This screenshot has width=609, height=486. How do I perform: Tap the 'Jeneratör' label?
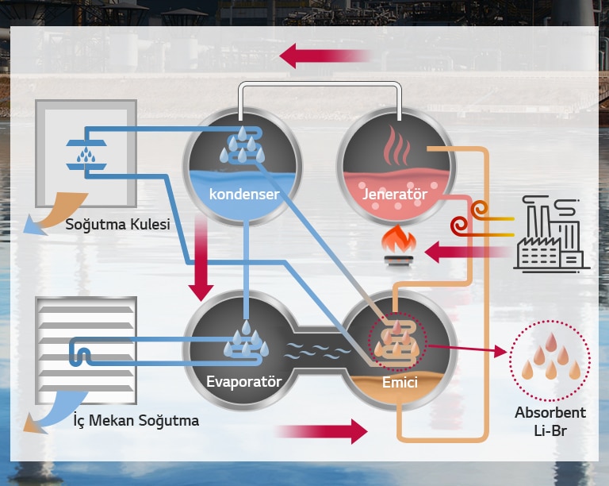point(394,193)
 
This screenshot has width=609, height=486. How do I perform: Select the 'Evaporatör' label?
point(243,381)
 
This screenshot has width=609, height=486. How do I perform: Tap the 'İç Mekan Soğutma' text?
point(132,419)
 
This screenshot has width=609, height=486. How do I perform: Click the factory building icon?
point(550,236)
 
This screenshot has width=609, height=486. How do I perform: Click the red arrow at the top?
point(325,56)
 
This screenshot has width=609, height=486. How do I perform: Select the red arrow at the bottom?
point(320,432)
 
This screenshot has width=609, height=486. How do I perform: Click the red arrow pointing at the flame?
point(468,253)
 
